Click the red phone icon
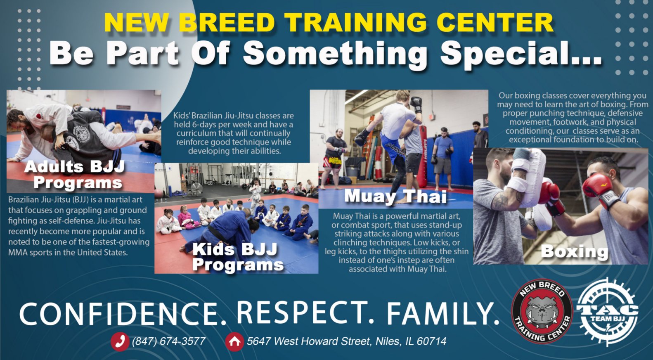tap(120, 341)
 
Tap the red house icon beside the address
tap(234, 341)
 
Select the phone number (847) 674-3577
tap(169, 341)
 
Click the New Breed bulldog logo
tap(542, 311)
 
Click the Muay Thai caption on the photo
tap(395, 196)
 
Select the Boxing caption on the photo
tap(575, 251)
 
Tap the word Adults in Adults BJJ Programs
tap(54, 167)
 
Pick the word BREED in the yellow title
tap(227, 23)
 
